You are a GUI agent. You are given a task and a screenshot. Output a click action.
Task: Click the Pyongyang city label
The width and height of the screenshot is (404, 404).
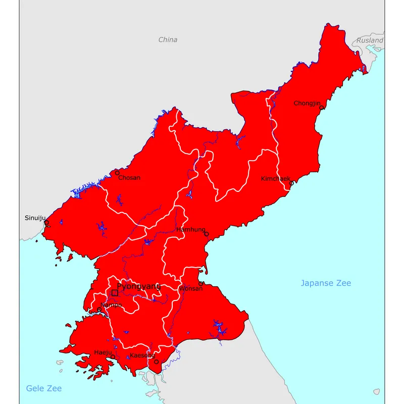coord(138,286)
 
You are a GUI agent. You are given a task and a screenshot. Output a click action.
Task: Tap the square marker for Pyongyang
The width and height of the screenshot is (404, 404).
coord(115,293)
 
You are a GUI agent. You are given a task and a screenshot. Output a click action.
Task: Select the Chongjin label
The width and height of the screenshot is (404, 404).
coord(307,103)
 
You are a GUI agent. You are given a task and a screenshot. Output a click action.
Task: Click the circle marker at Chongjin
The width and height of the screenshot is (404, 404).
coord(322,108)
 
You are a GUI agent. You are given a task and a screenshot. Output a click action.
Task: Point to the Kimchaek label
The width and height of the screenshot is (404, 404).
coord(275,179)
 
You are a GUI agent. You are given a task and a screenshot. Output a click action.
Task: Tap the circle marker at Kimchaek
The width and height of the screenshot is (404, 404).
coord(291,183)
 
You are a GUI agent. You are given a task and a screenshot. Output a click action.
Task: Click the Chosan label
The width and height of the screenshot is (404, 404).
coord(129,178)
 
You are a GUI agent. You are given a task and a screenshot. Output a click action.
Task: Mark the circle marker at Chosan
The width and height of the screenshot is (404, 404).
coord(117,173)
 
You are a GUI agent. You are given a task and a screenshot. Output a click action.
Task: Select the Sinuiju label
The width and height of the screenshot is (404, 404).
coord(35,218)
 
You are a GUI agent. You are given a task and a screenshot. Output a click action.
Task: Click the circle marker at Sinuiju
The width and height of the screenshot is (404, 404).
coord(46,223)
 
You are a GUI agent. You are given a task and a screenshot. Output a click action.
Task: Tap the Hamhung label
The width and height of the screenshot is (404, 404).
coord(190,230)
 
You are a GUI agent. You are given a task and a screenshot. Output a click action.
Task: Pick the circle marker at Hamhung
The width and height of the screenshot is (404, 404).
coord(206,234)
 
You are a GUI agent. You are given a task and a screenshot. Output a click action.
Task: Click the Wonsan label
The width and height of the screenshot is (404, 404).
coord(191,289)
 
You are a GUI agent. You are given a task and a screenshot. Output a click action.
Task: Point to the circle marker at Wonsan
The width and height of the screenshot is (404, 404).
coord(200,283)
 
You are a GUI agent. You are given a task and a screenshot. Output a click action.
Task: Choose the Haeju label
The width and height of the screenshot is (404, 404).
coord(103,352)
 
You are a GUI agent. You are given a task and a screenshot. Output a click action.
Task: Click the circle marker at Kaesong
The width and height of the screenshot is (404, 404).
coord(157,362)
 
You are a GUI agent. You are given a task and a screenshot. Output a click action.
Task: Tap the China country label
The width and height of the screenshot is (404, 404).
coord(168,39)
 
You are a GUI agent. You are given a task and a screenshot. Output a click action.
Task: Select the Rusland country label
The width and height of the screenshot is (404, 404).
coord(370,40)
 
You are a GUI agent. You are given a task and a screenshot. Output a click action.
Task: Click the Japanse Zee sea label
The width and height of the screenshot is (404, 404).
coord(326,283)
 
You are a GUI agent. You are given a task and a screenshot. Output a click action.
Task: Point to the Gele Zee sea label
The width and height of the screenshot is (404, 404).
coord(44,388)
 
